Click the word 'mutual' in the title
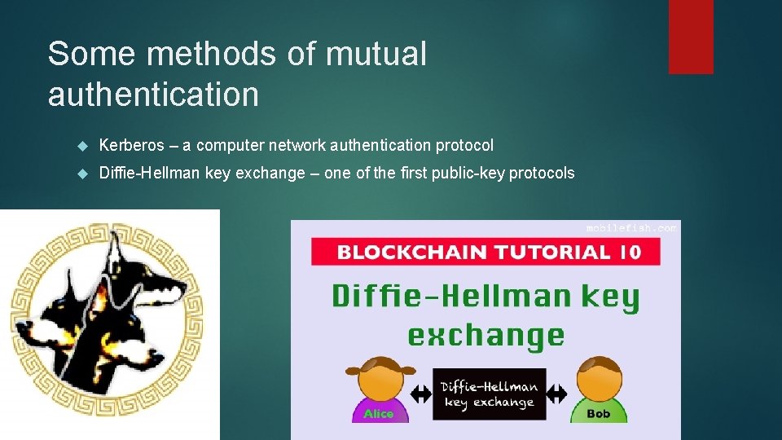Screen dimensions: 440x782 point(376,55)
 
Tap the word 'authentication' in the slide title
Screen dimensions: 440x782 point(153,95)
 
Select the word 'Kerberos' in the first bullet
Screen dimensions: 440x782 point(131,146)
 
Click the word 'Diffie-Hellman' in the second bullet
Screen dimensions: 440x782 point(147,174)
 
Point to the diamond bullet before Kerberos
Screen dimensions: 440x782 point(81,146)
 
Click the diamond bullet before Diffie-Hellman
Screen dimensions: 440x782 point(81,174)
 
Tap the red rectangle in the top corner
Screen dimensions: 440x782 point(691,37)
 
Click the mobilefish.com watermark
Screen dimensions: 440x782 point(631,228)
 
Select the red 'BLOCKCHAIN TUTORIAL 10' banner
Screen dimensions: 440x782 point(486,251)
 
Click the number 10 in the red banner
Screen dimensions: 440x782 point(629,251)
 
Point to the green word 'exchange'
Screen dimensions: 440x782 point(485,335)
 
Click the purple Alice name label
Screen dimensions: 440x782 point(378,413)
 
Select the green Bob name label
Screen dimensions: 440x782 point(598,413)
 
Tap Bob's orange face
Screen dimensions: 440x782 point(599,381)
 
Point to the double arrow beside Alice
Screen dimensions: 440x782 point(420,394)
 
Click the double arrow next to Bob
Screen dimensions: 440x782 point(557,394)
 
